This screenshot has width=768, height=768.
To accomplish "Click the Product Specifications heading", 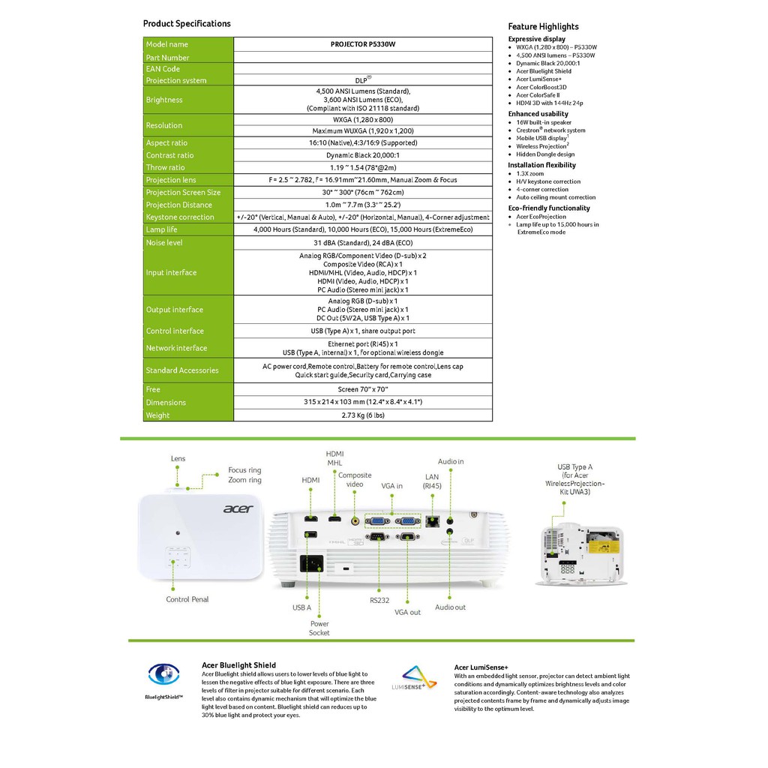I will coord(187,24).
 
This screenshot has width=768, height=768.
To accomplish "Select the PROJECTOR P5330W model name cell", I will coord(363,44).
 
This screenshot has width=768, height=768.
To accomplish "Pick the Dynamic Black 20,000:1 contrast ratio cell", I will coord(363,155).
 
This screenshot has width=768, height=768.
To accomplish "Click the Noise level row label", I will coord(164,243).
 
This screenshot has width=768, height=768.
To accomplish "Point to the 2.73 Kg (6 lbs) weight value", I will coord(363,415).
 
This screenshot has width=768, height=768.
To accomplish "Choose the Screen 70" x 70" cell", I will coord(363,389).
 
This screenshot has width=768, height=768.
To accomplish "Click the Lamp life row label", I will coord(162,229).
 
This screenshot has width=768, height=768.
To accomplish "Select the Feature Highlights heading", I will coord(543,26).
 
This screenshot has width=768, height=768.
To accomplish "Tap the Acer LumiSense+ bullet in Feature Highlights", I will coord(540,79).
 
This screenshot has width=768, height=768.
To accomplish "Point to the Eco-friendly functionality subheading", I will coord(549,208).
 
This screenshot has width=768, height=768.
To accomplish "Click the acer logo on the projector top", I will coord(238,509).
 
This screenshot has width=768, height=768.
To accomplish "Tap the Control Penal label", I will coord(187,599).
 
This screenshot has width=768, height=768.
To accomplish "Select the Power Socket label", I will coord(319,628).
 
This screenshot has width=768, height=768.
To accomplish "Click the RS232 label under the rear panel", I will coord(379,600).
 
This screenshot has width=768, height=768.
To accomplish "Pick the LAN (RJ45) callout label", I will coord(432,481).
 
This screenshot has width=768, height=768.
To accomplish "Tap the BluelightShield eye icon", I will coord(163,674).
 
